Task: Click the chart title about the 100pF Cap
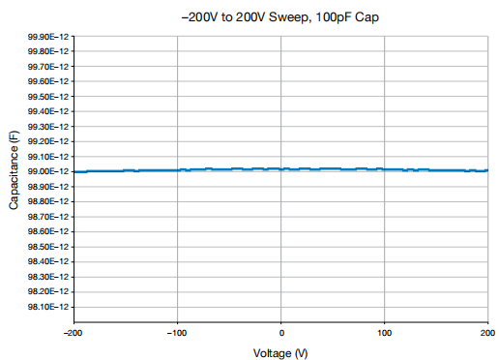280,17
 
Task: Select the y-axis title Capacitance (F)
14,170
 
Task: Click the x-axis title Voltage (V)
280,353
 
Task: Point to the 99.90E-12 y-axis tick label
48,37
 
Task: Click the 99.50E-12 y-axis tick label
48,97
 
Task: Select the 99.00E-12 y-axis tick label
48,171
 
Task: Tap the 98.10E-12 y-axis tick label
48,307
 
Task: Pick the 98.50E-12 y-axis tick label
48,247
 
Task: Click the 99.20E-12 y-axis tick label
48,141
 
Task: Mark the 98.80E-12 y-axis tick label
48,201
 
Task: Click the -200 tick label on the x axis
73,333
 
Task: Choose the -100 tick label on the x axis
177,333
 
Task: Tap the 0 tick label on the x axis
281,333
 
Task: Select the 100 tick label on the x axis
384,333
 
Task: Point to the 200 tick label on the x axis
487,333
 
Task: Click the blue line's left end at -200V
74,172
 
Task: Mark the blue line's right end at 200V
487,170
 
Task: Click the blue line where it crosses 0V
280,169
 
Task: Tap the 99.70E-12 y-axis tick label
48,67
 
